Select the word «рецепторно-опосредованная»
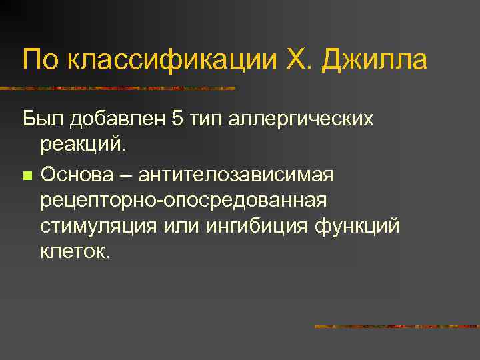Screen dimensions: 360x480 183,201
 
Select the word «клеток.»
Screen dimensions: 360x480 73,251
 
